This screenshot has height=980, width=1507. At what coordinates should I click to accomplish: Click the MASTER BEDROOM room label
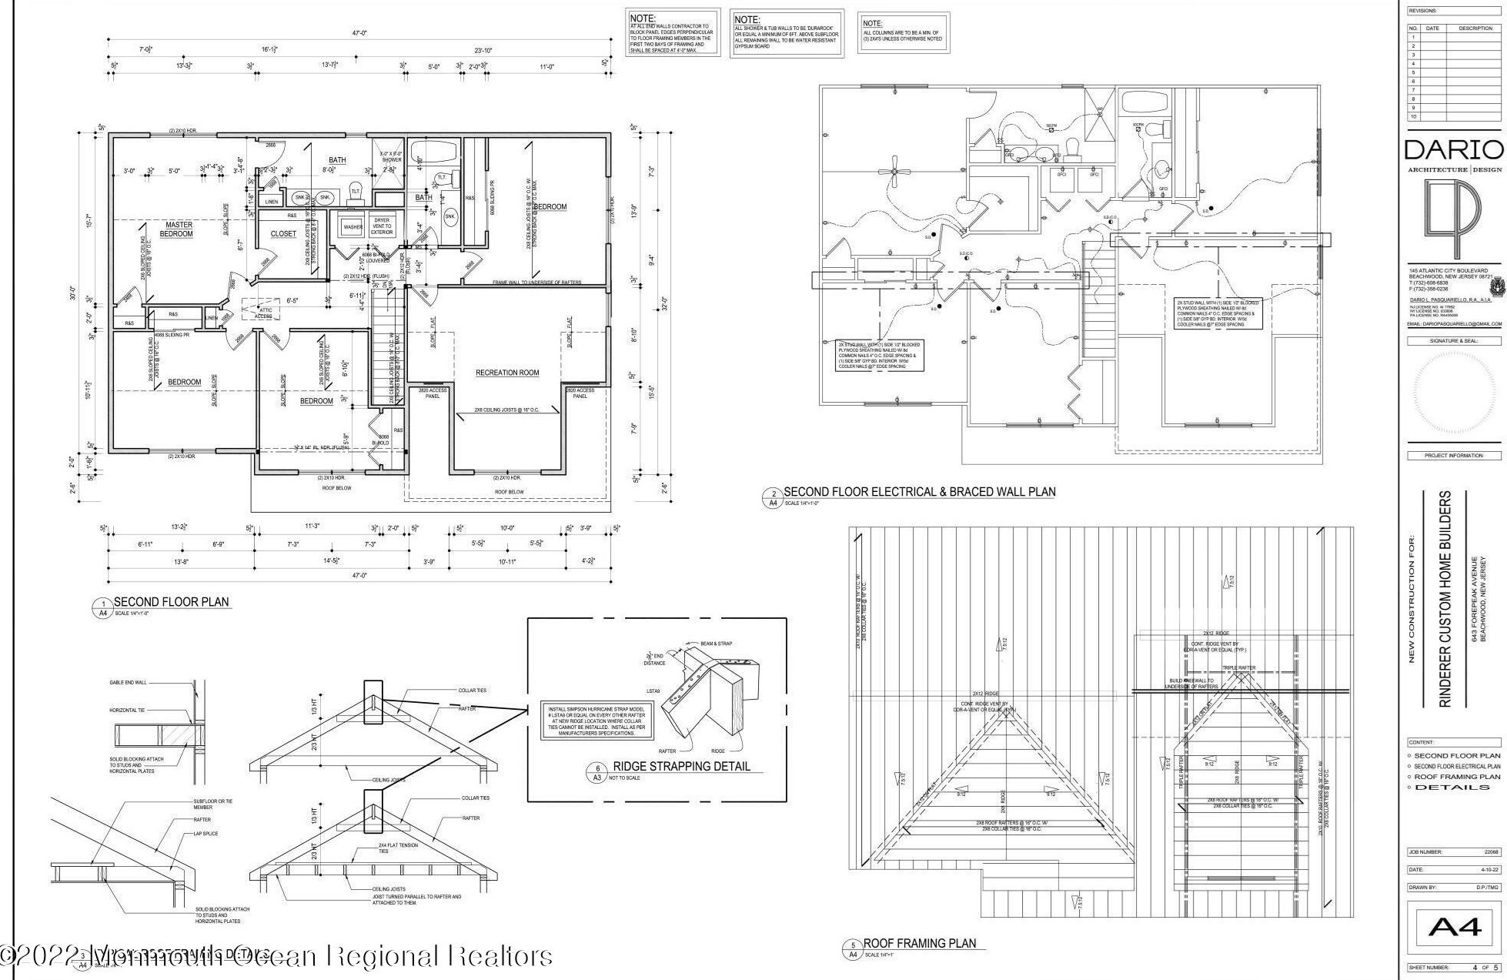(x=177, y=229)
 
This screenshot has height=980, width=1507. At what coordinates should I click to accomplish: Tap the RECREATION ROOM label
(x=507, y=373)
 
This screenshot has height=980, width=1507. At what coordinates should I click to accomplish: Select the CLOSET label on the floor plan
(x=283, y=234)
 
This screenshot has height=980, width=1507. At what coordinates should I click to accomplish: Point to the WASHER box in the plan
(x=353, y=227)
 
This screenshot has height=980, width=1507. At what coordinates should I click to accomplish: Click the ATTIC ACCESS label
(x=263, y=313)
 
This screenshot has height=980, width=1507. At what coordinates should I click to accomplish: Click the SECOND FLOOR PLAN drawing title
(x=171, y=602)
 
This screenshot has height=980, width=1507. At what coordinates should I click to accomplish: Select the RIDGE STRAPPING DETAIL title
(x=680, y=767)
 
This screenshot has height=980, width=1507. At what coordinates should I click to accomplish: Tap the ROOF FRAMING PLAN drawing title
(x=919, y=943)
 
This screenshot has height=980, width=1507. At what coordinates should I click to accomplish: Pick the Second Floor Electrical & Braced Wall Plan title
(x=919, y=492)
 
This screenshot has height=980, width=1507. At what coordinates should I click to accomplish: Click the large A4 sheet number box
(x=1454, y=927)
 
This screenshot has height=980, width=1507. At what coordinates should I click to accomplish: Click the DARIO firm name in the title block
(x=1453, y=149)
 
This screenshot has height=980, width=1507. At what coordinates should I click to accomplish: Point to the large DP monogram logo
(x=1453, y=219)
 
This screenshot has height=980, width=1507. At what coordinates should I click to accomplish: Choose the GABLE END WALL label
(x=127, y=683)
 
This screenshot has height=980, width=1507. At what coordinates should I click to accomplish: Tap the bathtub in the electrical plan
(x=1144, y=101)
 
